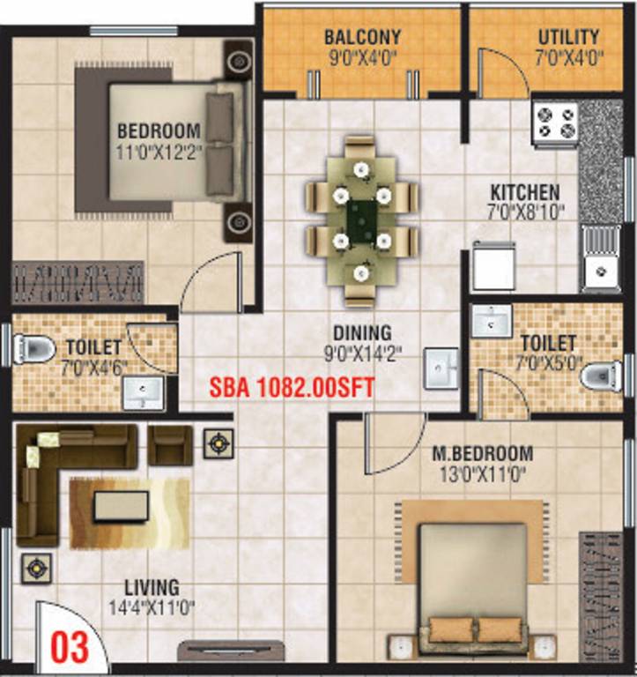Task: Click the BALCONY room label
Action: [361, 37]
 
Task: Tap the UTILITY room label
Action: [568, 37]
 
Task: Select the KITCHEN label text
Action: [525, 192]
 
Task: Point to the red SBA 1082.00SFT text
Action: [293, 387]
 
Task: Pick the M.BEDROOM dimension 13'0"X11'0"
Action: [482, 472]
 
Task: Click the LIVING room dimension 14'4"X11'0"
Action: [151, 606]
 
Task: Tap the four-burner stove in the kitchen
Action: [555, 123]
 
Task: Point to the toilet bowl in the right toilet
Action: [602, 376]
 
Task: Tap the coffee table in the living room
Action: [121, 506]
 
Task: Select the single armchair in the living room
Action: [168, 443]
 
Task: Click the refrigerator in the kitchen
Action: [493, 265]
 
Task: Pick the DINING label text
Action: [361, 332]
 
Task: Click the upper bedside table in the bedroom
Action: [238, 62]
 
